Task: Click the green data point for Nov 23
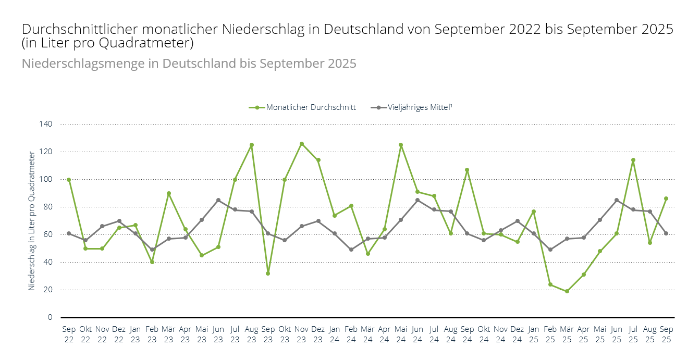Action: coord(301,144)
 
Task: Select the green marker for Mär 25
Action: coord(567,291)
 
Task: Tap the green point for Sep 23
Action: coord(268,273)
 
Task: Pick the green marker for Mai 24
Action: coord(401,145)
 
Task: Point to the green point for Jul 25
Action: coord(633,160)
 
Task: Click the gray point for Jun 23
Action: coord(218,200)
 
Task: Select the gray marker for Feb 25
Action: coord(550,250)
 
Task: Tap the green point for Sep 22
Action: coord(69,180)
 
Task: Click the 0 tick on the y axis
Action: coord(50,317)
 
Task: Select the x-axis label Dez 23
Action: coord(318,334)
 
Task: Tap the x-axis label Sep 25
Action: coord(667,334)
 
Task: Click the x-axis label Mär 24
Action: coord(368,334)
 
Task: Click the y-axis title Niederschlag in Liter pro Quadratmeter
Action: coord(32,220)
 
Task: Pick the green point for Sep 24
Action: coord(467,170)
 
